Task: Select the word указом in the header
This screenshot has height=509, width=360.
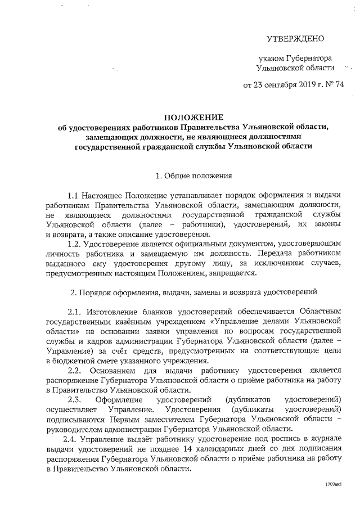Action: coord(272,58)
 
